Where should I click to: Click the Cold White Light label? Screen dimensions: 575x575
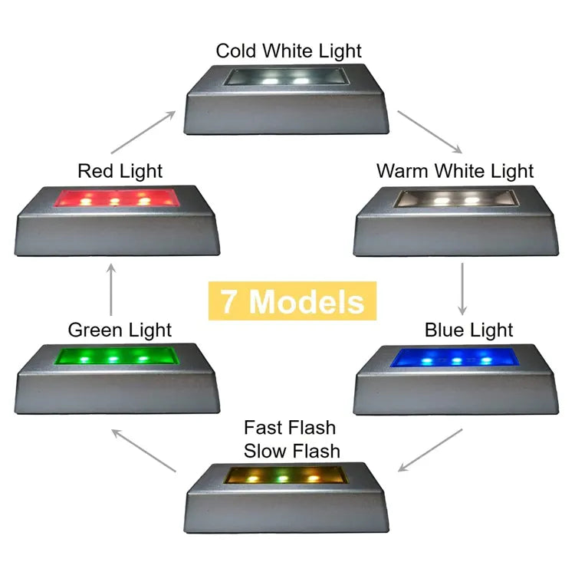tap(288, 51)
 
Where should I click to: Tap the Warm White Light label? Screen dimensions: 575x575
tap(455, 171)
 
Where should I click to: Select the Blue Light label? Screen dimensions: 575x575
tap(468, 330)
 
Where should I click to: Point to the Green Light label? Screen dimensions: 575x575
tap(120, 330)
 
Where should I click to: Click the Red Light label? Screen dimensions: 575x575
tap(120, 171)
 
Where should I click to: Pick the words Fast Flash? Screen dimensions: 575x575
tap(290, 428)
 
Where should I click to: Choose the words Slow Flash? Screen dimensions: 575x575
tap(292, 451)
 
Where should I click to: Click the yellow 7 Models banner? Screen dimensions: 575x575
tap(292, 301)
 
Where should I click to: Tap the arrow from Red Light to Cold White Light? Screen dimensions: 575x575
tap(143, 133)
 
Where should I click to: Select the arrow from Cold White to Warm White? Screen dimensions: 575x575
tap(430, 132)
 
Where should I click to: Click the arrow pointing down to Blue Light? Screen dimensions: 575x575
tap(462, 289)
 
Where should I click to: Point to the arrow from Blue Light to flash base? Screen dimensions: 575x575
tap(430, 450)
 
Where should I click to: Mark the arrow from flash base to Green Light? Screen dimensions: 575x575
tap(143, 450)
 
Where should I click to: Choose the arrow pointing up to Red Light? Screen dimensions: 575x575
tap(111, 289)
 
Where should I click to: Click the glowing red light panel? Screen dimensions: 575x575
tap(117, 198)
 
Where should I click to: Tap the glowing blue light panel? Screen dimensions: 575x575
tap(455, 357)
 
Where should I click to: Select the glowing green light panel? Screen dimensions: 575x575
tap(117, 356)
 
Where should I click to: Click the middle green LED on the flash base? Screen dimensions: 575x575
tap(282, 478)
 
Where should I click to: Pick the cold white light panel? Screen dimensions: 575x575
tap(287, 77)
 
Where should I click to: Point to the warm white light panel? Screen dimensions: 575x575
tap(457, 199)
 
